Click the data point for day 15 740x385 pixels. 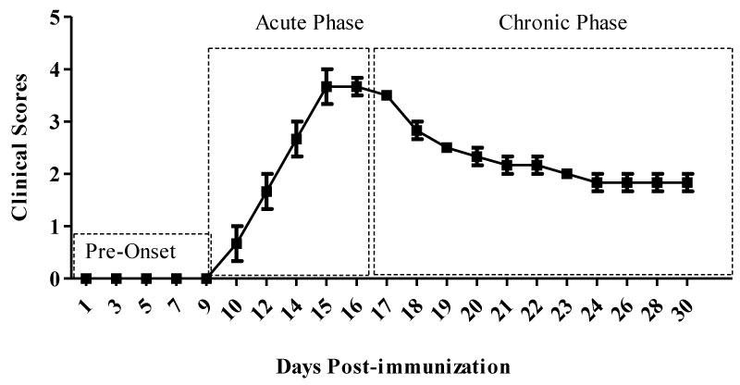coord(327,86)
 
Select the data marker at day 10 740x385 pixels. coord(236,243)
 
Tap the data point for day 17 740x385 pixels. coord(387,95)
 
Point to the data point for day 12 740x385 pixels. coord(266,192)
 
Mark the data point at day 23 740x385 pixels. coord(567,174)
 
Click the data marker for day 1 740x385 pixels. coord(86,279)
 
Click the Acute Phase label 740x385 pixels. coord(309,21)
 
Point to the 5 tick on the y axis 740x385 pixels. coord(56,18)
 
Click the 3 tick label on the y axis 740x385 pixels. coord(56,122)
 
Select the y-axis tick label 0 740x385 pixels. coord(56,279)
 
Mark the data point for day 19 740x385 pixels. coord(447,148)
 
